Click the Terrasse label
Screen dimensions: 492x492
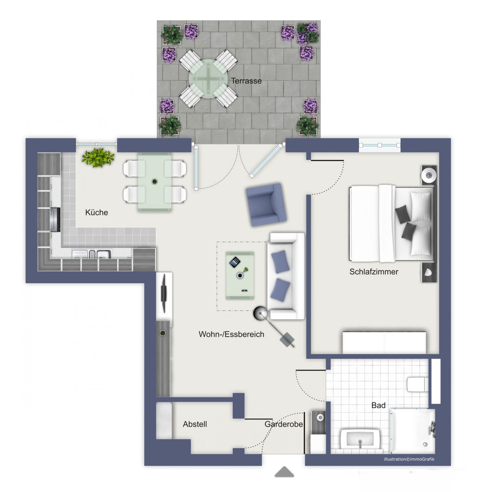[246, 81]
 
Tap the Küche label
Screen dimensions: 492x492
[96, 213]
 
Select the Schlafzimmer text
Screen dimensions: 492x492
[374, 272]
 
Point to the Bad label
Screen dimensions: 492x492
[378, 405]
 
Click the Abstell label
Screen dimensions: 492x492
[195, 424]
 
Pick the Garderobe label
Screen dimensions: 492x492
[284, 424]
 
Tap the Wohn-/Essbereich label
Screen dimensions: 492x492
[231, 334]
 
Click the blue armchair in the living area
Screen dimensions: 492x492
[266, 205]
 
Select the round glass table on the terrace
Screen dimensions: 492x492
[208, 78]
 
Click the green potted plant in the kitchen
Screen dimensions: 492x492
[98, 158]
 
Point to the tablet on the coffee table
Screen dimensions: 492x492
[235, 262]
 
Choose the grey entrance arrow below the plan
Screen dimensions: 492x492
[284, 472]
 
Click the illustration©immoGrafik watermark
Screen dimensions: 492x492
[409, 459]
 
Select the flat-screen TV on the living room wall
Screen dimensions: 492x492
[164, 293]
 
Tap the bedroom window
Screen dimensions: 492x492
[380, 145]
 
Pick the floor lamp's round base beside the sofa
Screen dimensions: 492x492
[260, 313]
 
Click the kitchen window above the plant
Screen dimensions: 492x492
[96, 144]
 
